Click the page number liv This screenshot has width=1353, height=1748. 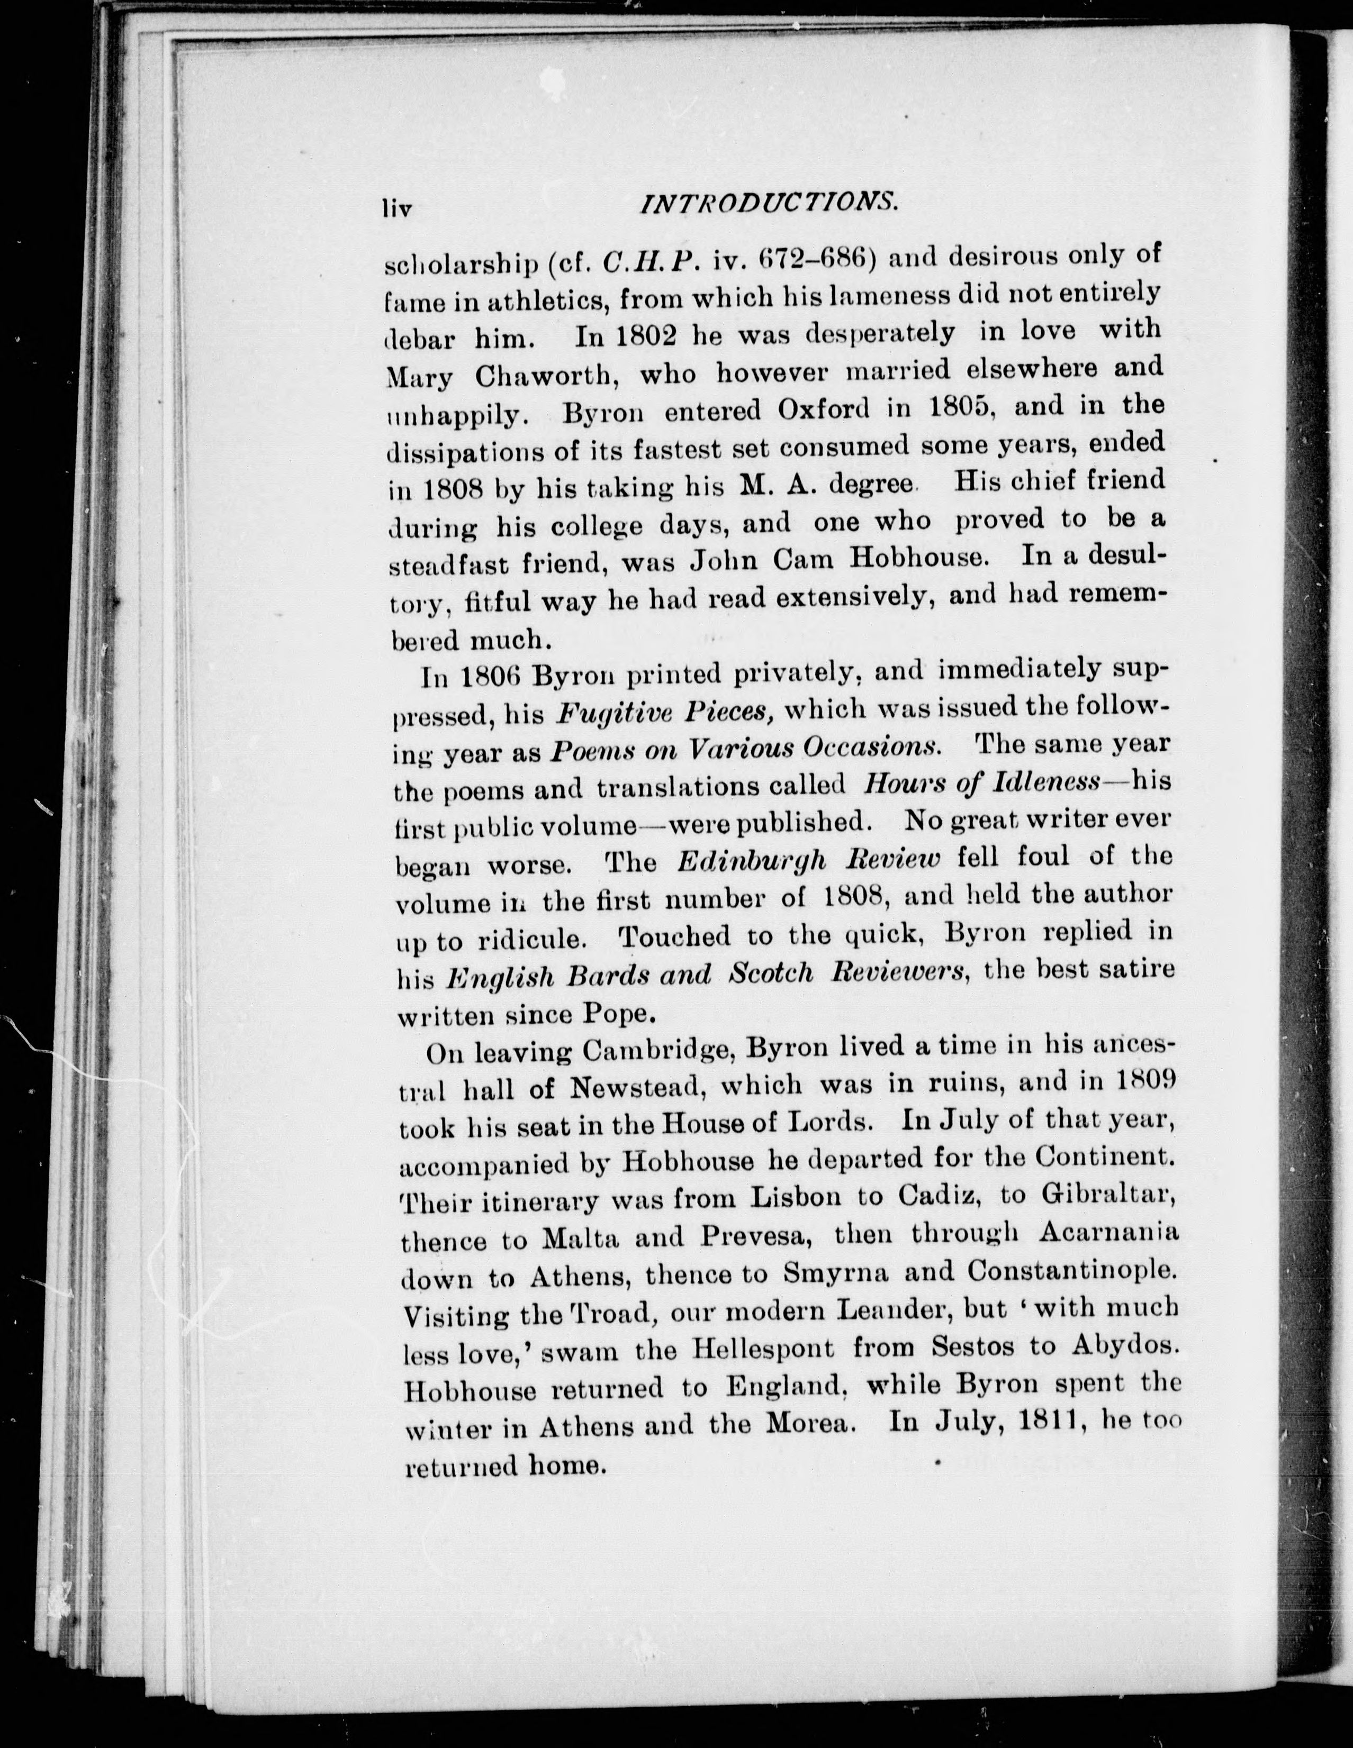397,209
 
